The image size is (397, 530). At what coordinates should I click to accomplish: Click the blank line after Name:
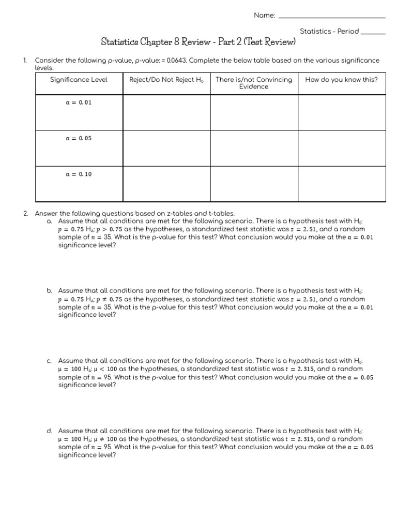[332, 17]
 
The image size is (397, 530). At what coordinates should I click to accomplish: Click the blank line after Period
[373, 33]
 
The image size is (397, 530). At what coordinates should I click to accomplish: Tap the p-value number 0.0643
[174, 61]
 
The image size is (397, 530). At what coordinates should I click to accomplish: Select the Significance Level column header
[79, 80]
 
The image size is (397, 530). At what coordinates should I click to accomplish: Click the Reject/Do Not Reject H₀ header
[166, 80]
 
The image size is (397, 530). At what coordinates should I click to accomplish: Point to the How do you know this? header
[342, 80]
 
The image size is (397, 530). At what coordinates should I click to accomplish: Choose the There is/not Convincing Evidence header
[254, 83]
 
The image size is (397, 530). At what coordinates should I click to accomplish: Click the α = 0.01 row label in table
[79, 102]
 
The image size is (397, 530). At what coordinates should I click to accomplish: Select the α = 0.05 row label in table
[79, 139]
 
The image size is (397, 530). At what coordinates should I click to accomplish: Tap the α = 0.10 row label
[79, 174]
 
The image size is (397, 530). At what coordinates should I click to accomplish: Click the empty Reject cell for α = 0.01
[166, 112]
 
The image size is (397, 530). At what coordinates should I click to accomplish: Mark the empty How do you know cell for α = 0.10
[342, 184]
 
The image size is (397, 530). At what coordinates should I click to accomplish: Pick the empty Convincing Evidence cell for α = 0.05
[254, 148]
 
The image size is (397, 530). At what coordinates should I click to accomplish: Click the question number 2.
[25, 213]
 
